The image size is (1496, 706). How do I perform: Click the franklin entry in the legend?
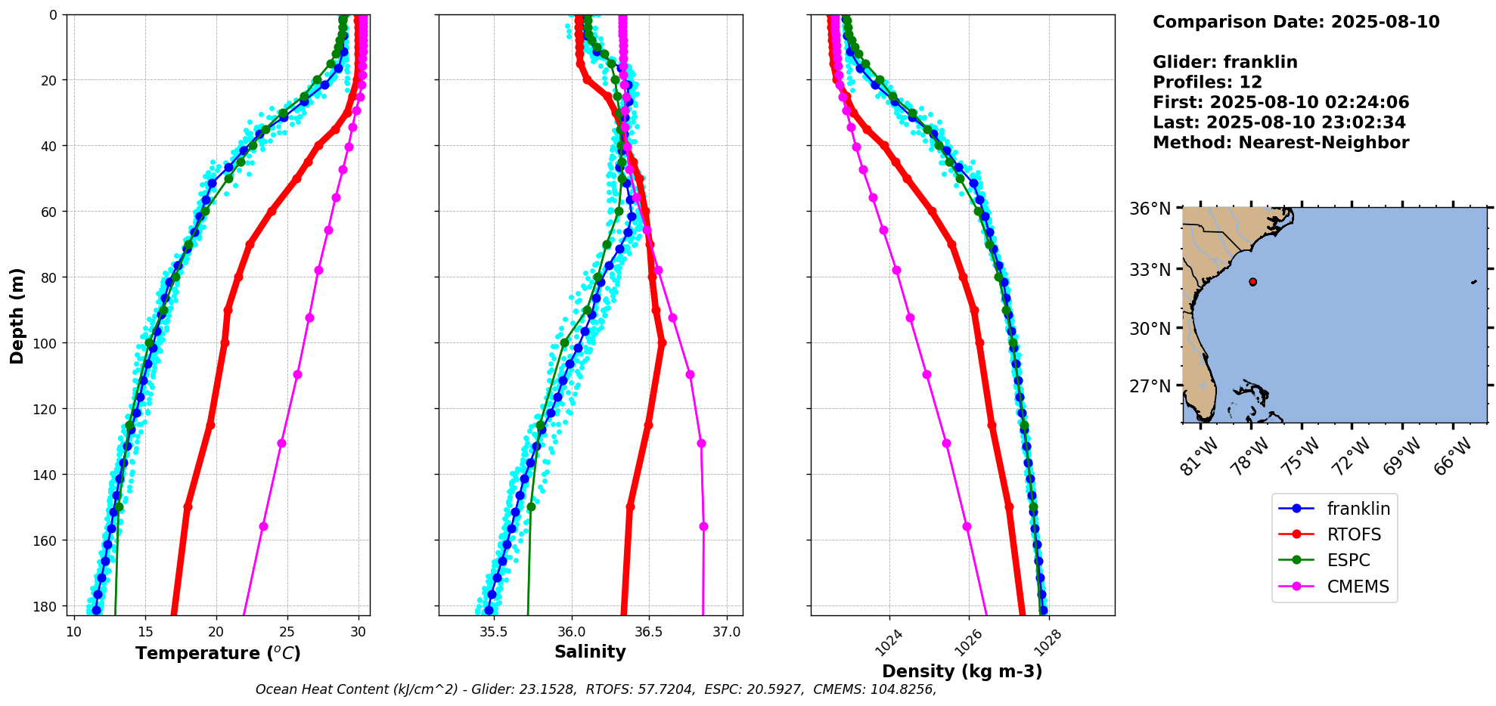(x=1334, y=509)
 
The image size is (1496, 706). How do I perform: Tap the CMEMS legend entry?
(x=1334, y=587)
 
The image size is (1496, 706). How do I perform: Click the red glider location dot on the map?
(x=1252, y=282)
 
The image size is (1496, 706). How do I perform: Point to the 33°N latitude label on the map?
(x=1150, y=270)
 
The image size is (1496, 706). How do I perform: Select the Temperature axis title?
(x=219, y=653)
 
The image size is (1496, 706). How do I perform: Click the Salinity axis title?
(x=590, y=652)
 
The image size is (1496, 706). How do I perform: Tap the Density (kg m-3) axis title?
(x=962, y=671)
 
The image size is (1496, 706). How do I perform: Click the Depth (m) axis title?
(x=17, y=315)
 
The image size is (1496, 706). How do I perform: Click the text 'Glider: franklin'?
(x=1225, y=62)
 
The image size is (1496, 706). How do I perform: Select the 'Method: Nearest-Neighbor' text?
(x=1281, y=143)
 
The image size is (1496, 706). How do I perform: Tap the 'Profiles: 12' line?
(x=1207, y=82)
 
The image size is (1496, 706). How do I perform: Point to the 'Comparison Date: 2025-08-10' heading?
(x=1296, y=22)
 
